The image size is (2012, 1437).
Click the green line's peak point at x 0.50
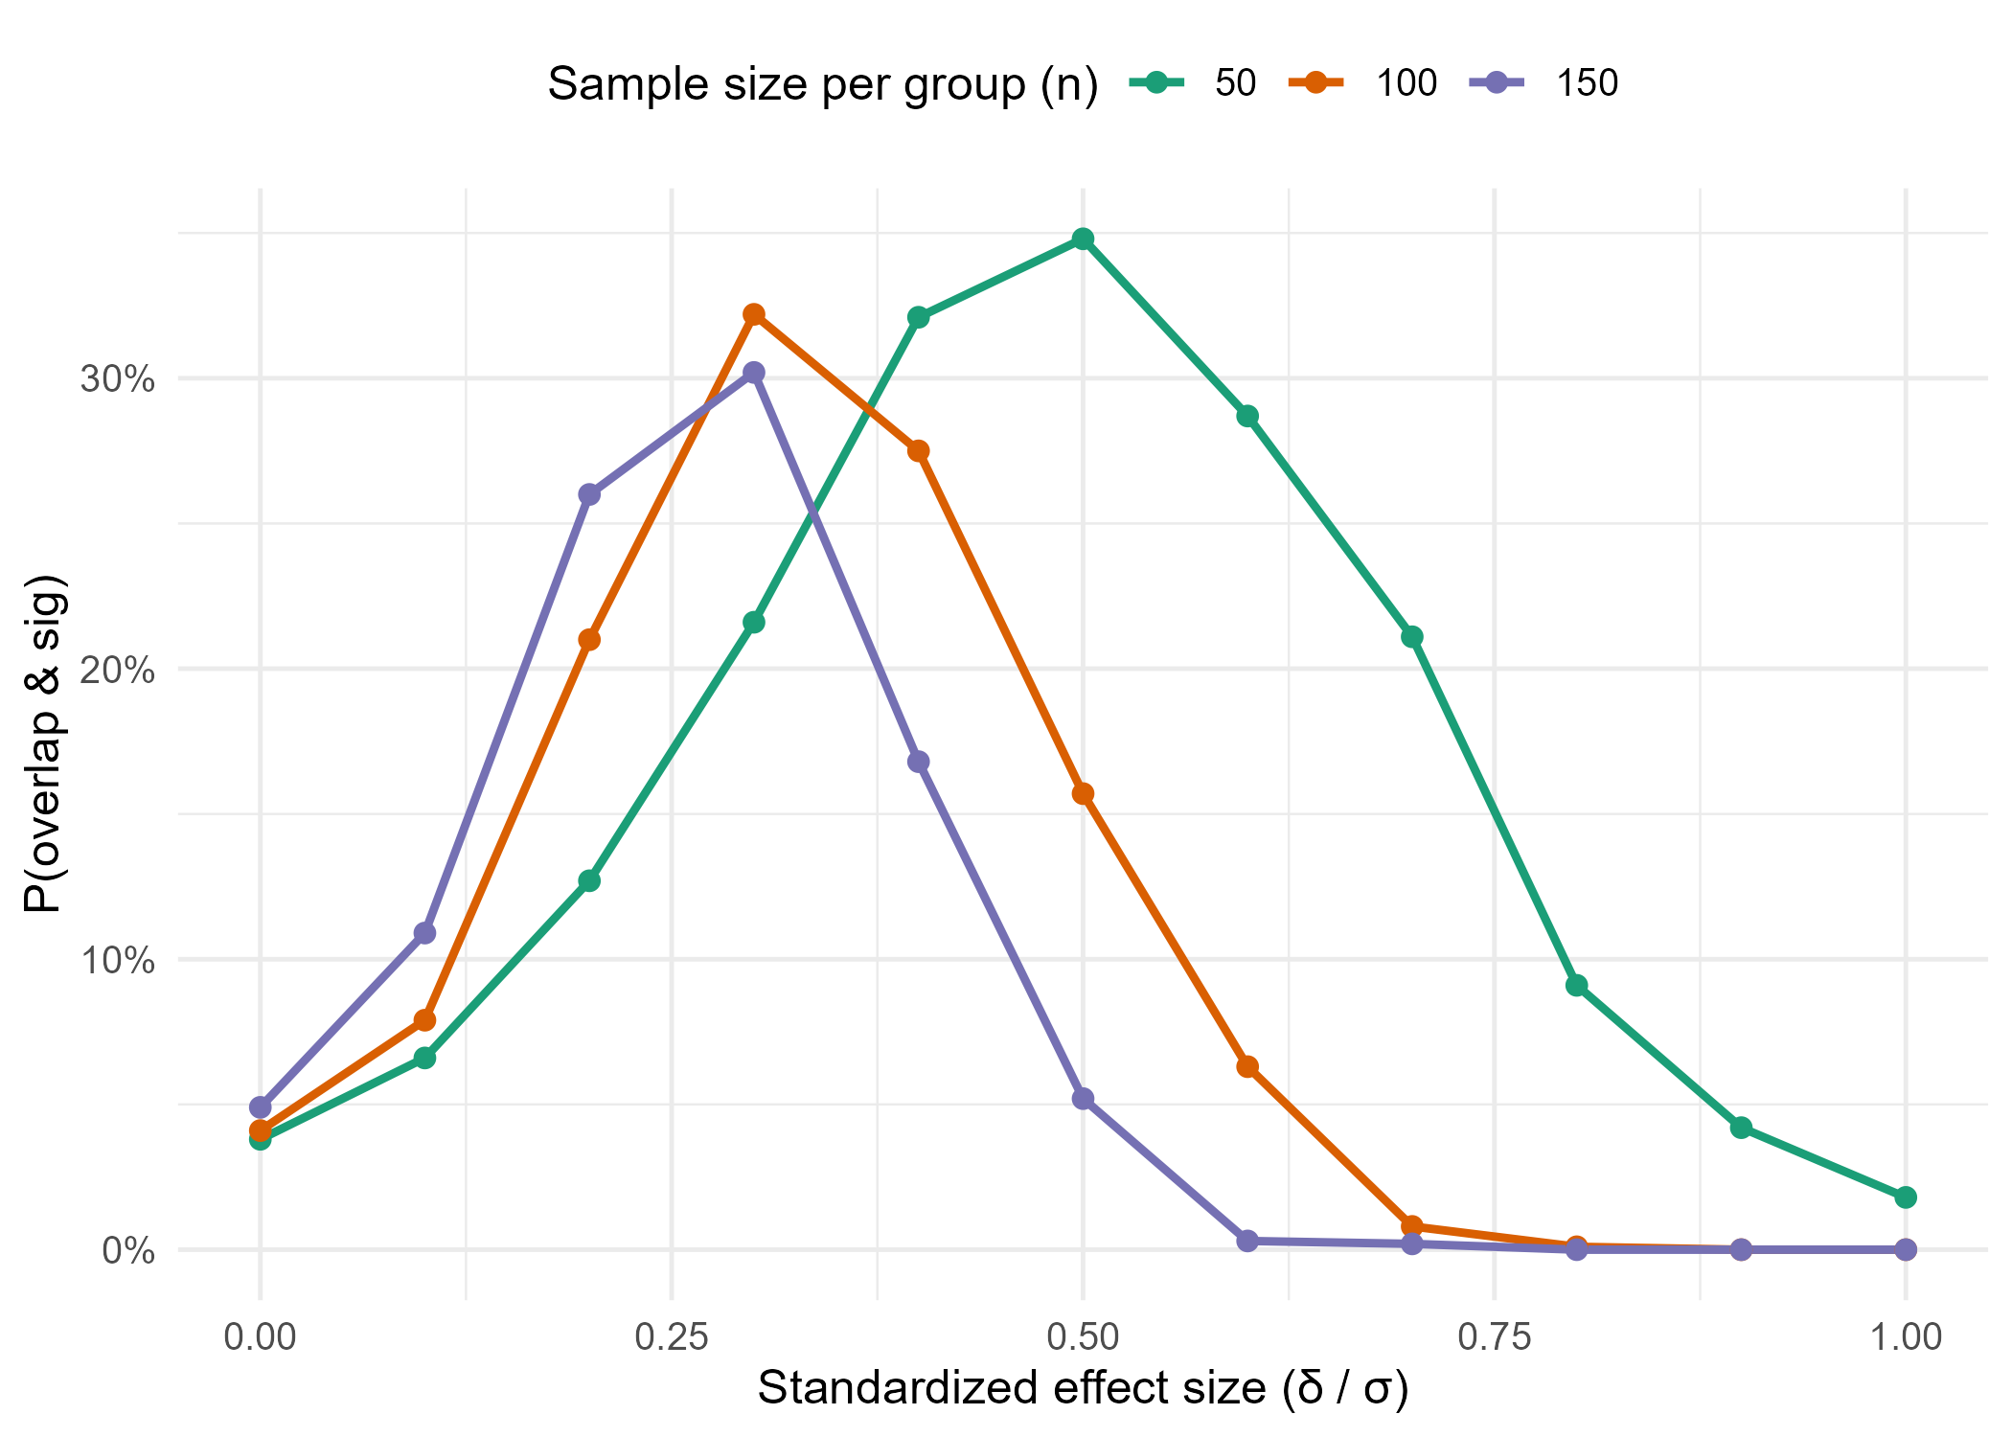point(1083,239)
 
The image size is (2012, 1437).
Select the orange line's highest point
point(754,314)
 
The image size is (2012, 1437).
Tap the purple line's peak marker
point(754,372)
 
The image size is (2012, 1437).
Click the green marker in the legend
point(1156,82)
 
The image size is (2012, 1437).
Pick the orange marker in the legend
point(1315,82)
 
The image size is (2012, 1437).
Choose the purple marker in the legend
point(1496,82)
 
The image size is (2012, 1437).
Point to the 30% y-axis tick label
point(117,379)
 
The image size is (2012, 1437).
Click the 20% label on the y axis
point(117,670)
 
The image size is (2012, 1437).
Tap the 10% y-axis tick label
point(117,960)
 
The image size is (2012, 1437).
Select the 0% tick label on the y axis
point(128,1250)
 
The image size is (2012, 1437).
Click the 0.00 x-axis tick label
point(260,1336)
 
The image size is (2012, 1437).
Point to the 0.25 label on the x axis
point(672,1336)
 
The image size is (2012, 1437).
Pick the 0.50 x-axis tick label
point(1083,1336)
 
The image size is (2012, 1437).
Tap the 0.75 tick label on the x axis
point(1495,1336)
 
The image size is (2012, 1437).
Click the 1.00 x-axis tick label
point(1907,1336)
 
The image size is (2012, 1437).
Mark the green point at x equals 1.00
point(1906,1197)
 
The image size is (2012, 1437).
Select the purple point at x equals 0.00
point(261,1107)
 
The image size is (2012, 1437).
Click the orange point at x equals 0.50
point(1083,794)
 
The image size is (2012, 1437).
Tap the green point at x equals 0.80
point(1577,986)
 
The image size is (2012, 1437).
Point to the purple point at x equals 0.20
point(589,495)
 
